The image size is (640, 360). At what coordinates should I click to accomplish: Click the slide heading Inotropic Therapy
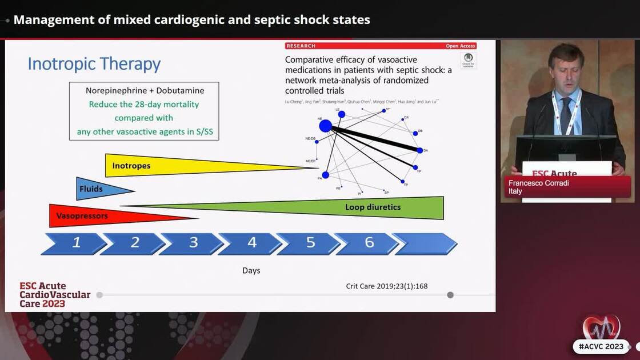(x=94, y=63)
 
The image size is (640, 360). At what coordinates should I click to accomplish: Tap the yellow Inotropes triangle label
(x=131, y=166)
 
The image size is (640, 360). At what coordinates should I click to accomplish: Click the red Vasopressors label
(x=82, y=216)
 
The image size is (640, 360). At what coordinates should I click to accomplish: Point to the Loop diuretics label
(x=373, y=207)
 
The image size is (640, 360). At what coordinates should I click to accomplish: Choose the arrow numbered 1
(x=76, y=243)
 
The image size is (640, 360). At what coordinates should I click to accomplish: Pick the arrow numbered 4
(x=252, y=243)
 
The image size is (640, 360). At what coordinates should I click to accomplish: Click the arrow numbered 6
(x=369, y=243)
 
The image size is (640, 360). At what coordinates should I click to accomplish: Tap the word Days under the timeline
(x=251, y=270)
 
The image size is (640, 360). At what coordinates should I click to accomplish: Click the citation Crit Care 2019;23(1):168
(x=386, y=286)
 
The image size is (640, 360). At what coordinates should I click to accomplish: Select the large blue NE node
(x=325, y=126)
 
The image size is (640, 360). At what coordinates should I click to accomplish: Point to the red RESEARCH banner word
(x=301, y=46)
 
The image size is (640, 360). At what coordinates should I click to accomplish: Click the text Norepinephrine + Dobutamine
(x=145, y=90)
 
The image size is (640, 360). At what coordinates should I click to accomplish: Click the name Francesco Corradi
(x=538, y=183)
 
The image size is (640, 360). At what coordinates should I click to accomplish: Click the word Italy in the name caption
(x=515, y=191)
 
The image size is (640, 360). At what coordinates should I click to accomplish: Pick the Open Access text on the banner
(x=460, y=46)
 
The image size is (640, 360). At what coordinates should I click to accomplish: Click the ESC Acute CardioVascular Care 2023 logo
(x=55, y=294)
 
